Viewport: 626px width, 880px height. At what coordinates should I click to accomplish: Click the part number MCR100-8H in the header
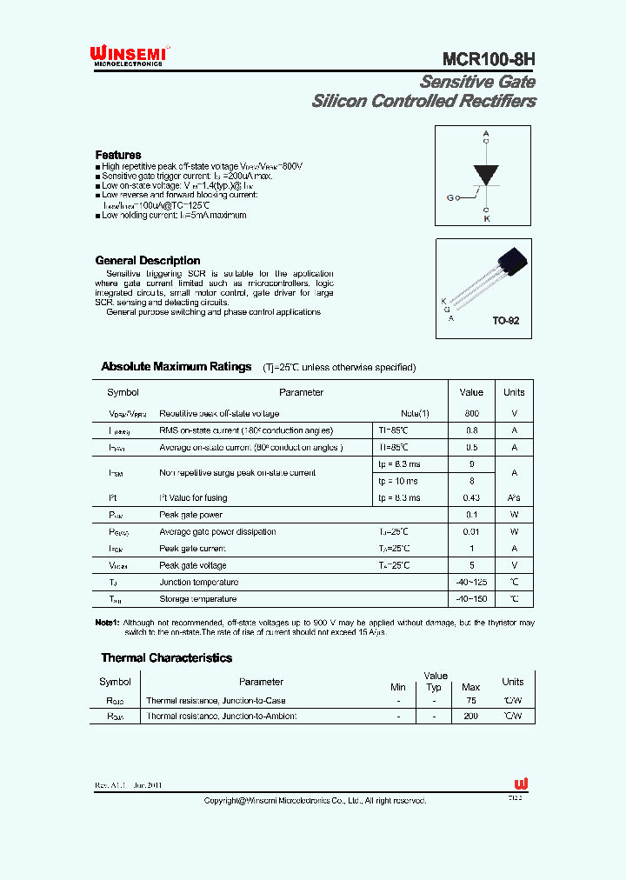coord(489,59)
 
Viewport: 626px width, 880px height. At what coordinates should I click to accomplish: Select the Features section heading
coord(118,155)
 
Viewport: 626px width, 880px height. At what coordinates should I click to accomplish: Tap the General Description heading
coord(147,260)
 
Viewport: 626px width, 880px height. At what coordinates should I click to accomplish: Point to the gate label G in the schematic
coord(450,197)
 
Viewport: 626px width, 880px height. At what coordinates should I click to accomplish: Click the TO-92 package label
coord(506,321)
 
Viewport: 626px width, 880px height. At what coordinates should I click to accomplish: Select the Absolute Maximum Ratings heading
coord(176,366)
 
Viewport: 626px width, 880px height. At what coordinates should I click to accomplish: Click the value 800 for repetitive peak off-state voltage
coord(471,414)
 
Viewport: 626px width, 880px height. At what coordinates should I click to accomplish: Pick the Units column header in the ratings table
coord(514,392)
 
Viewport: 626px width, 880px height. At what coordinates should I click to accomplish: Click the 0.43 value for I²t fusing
coord(471,497)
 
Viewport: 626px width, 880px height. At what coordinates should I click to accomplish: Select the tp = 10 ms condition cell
coord(398,481)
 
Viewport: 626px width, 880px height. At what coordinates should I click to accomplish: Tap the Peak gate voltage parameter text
coord(194,565)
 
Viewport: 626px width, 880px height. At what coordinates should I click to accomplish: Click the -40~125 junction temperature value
coord(471,582)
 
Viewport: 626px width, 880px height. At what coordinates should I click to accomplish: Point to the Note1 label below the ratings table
coord(106,623)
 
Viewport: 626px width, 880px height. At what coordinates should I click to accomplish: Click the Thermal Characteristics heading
coord(166,658)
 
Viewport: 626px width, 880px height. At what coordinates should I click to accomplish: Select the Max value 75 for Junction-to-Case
coord(470,700)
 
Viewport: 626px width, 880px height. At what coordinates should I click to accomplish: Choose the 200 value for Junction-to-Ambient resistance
coord(470,716)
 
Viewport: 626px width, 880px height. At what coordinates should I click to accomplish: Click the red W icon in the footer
coord(521,783)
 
